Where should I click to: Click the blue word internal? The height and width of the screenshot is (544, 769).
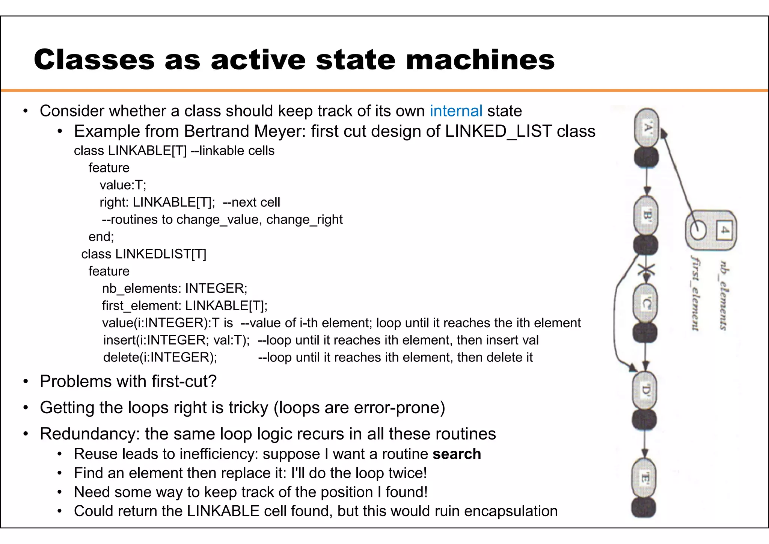456,111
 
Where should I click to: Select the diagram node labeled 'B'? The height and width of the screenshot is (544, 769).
646,216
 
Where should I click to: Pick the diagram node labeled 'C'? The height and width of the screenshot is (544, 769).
645,303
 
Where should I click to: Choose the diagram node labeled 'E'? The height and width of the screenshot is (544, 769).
644,478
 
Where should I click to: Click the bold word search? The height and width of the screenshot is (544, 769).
457,454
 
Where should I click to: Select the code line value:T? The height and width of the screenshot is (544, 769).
123,185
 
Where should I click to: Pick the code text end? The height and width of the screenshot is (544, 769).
101,237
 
